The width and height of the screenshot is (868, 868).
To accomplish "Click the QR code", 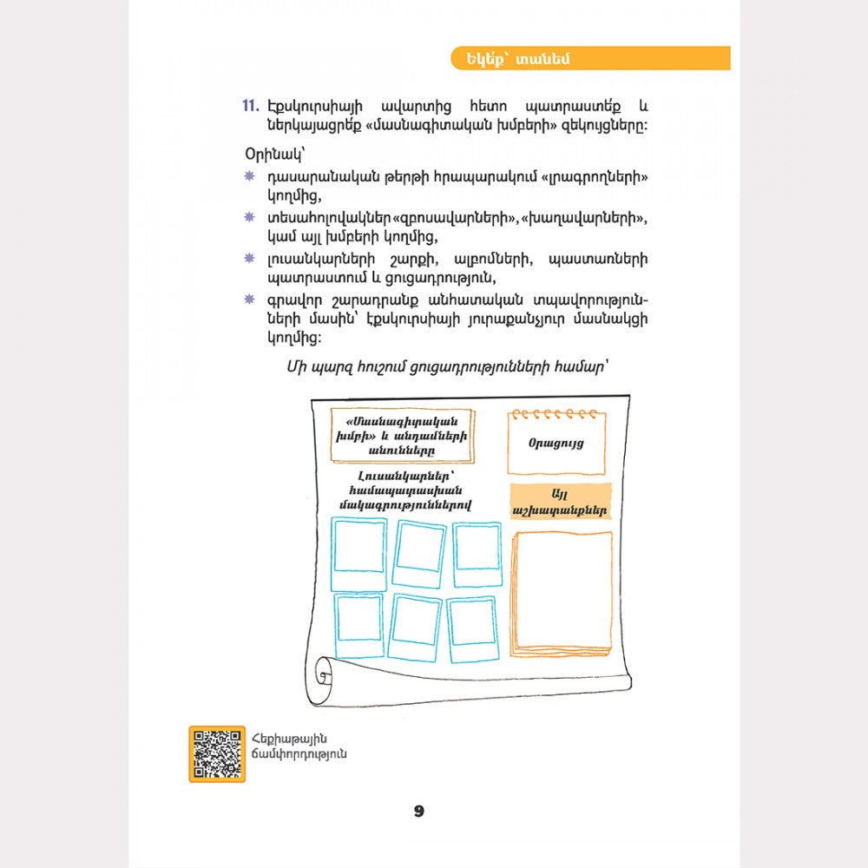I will coord(217,753).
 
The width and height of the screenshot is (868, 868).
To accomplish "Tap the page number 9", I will coord(419,812).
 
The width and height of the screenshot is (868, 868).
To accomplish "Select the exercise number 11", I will coord(250,106).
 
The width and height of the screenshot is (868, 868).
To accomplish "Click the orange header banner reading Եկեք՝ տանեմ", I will coord(589,58).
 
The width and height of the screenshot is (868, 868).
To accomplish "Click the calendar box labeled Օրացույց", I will coord(556,442).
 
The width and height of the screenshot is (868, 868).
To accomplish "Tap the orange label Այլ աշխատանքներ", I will coord(561,502).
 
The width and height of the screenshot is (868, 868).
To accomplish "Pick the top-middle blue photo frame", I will coord(419,553).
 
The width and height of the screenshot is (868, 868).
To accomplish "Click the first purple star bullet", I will coord(249,176).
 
